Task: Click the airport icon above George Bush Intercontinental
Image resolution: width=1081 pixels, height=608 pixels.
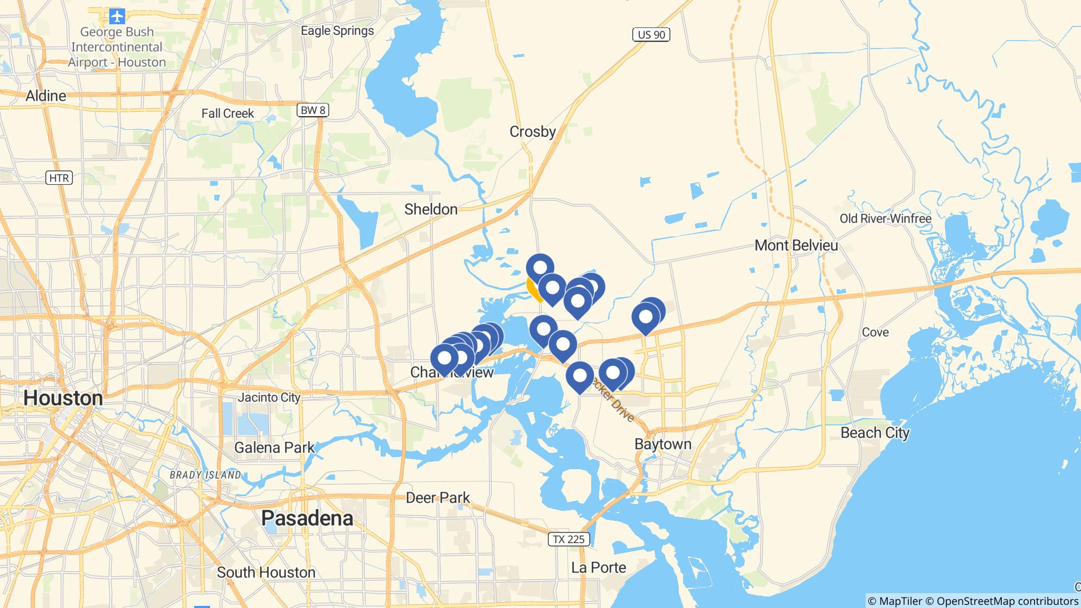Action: pos(117,16)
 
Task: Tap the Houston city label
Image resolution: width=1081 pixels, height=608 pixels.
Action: pos(63,398)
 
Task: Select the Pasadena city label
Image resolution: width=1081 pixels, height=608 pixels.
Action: pos(307,518)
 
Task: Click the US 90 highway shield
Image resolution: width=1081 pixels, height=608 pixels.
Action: pos(651,35)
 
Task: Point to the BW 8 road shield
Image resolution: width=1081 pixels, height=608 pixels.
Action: pos(313,110)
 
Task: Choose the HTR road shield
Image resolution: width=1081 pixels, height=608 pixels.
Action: pos(59,178)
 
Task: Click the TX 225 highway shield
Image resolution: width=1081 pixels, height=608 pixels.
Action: pos(568,539)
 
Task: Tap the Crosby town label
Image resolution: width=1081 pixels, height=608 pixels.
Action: pos(533,131)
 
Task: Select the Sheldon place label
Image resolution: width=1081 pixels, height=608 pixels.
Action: pos(431,210)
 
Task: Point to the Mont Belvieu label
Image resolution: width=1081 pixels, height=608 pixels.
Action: pos(796,245)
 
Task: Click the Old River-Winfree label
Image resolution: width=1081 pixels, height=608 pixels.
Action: pos(885,218)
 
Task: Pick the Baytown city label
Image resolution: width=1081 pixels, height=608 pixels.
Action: pos(663,444)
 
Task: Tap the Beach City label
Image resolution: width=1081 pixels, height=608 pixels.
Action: pos(875,433)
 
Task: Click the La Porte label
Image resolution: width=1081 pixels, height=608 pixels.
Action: pos(599,567)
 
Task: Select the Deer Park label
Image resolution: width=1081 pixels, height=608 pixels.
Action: pos(438,498)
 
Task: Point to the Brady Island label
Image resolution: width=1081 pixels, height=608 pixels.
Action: pos(205,475)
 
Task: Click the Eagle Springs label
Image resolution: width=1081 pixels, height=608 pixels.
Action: pos(337,31)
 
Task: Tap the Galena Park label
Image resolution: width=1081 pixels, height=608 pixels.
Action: pos(274,448)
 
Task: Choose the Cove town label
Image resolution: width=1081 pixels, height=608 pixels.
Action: pos(875,332)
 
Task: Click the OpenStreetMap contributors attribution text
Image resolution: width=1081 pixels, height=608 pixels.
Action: pos(1007,601)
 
